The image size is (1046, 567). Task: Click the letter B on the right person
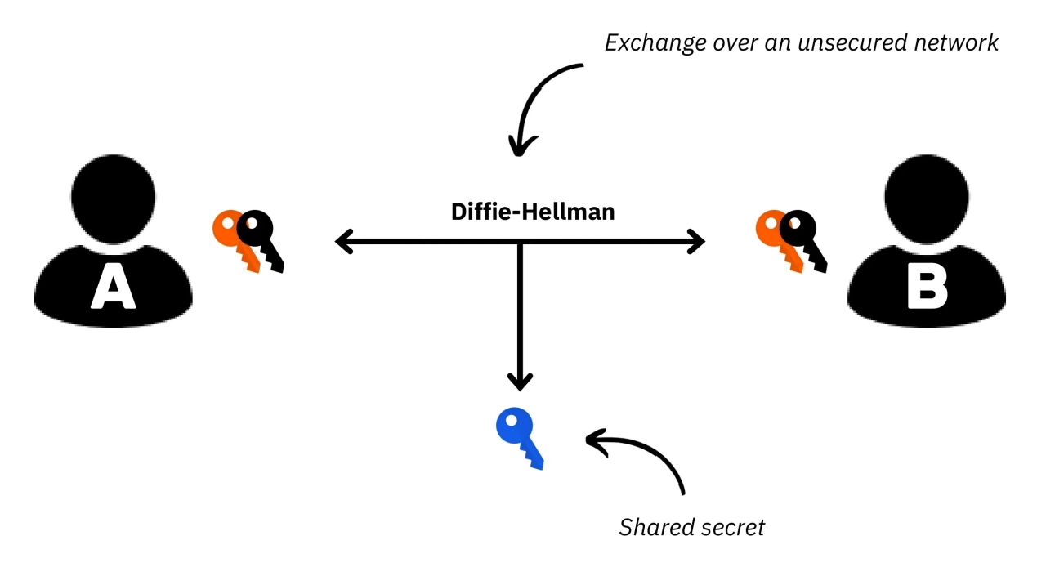pos(928,287)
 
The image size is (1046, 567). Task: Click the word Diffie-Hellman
pos(533,212)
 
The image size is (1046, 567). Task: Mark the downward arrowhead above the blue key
pos(520,381)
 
